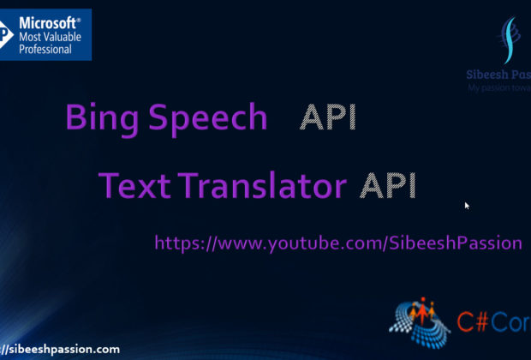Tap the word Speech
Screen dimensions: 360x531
206,119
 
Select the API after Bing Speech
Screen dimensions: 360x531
327,118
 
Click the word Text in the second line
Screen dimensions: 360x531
128,185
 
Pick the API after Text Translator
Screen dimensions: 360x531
387,185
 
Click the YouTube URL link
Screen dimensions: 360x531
337,243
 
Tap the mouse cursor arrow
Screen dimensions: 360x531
468,206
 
